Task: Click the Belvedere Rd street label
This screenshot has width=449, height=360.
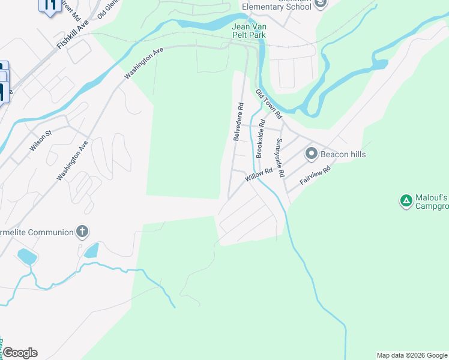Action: pos(239,122)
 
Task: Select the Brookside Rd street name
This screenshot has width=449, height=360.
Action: pos(261,139)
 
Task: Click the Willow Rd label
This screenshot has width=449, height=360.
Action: pos(259,175)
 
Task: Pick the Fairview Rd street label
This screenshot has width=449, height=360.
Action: pos(315,177)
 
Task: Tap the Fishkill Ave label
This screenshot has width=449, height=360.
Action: pos(73,34)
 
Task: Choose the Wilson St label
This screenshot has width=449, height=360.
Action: pos(41,142)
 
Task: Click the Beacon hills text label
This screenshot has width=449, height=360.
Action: pos(343,154)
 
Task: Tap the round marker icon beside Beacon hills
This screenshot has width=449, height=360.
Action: pos(311,154)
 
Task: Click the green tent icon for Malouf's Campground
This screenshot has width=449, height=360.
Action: pos(406,200)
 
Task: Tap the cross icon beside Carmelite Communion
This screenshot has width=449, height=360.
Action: pos(82,232)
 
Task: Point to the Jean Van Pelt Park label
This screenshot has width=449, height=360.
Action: pos(249,31)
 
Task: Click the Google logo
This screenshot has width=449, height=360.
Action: pos(19,353)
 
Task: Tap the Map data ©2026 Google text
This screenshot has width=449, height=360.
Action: pos(412,355)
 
